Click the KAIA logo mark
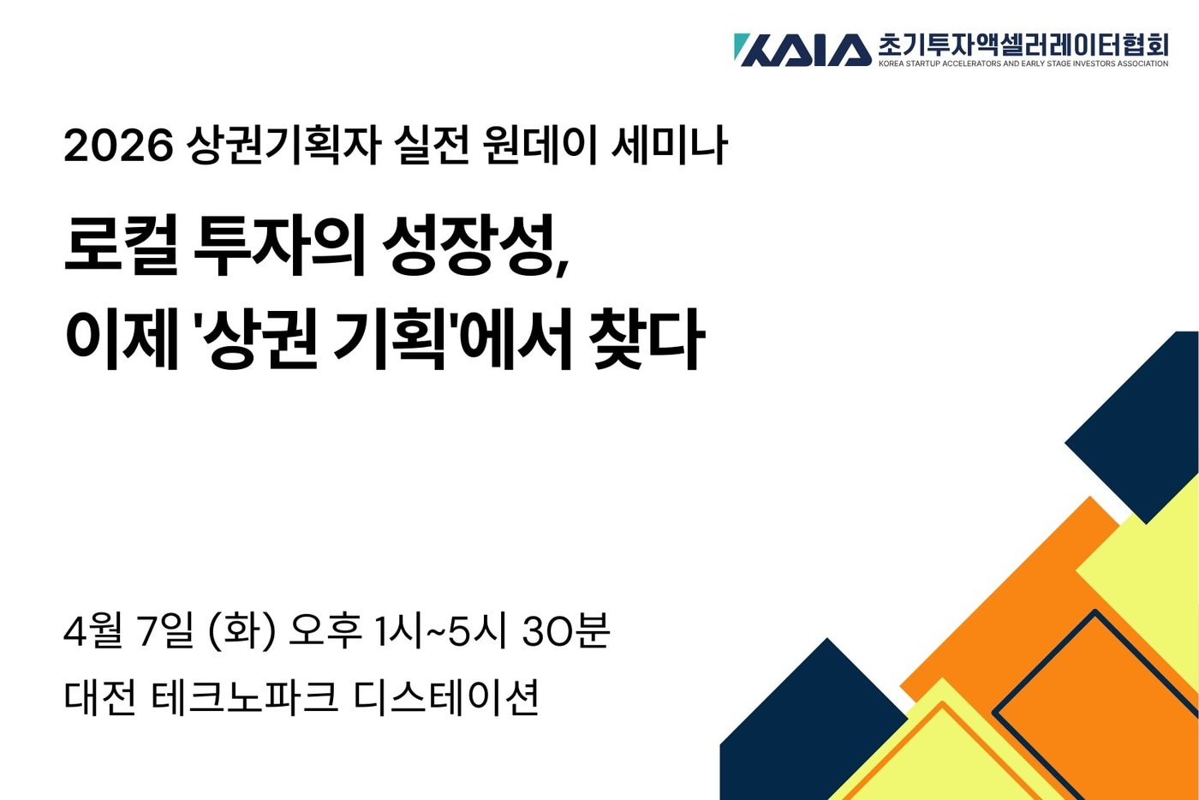802,50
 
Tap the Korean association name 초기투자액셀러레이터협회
1023,44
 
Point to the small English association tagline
1023,63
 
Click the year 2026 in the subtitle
118,146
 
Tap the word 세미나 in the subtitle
669,146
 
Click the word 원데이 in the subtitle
539,146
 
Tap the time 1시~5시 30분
492,632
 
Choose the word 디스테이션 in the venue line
446,698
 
